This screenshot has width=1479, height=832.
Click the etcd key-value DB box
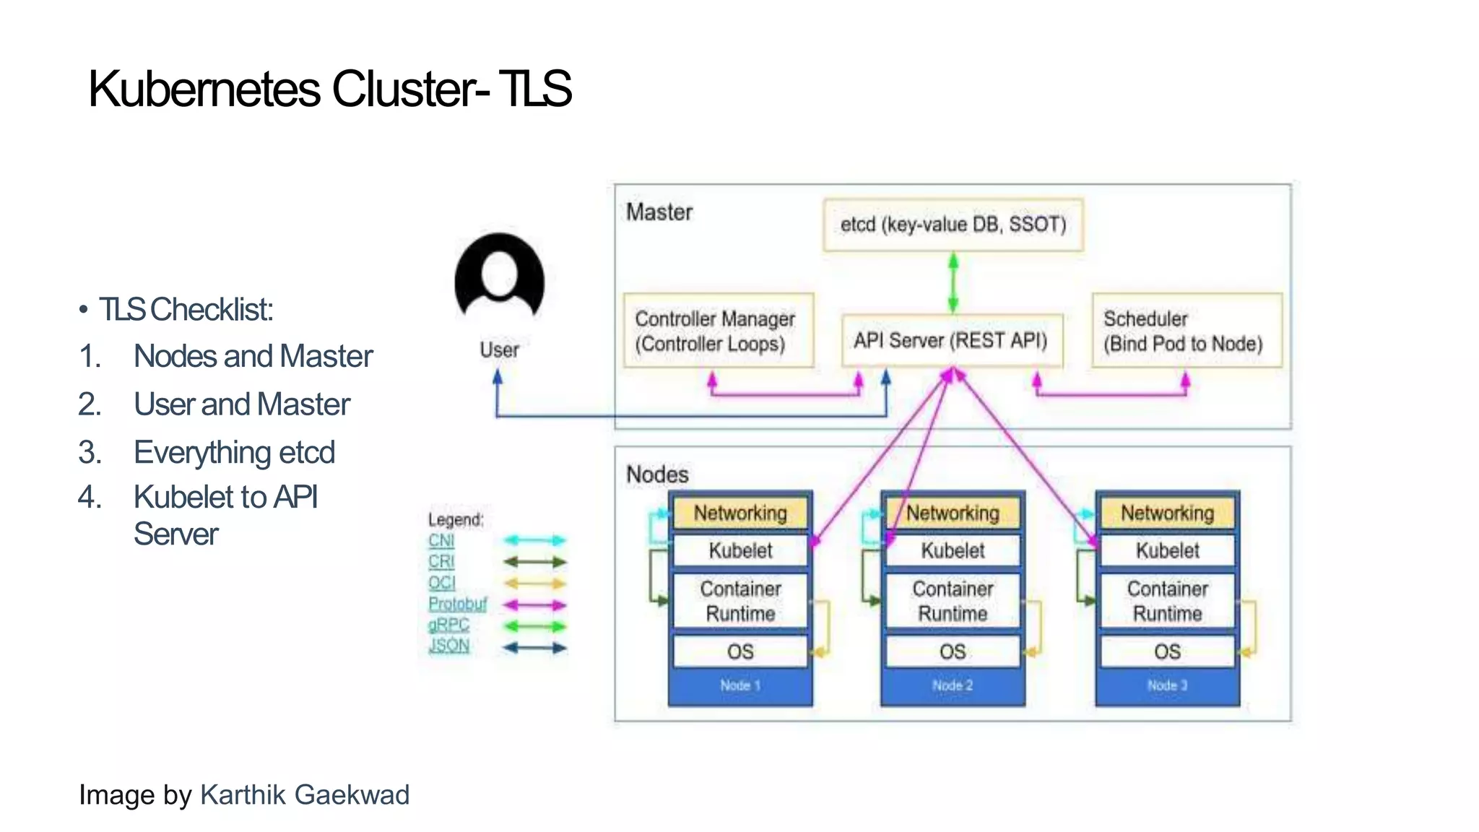(x=953, y=225)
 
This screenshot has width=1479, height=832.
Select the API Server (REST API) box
(x=951, y=340)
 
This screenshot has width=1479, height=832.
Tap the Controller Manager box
(x=718, y=331)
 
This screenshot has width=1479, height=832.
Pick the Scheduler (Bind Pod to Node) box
(x=1186, y=331)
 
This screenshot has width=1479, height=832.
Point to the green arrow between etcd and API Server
(x=953, y=282)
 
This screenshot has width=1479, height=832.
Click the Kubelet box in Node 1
(x=740, y=550)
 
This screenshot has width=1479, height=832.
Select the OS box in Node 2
(x=953, y=651)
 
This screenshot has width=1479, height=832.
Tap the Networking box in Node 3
(x=1167, y=513)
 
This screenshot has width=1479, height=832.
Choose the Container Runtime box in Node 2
(x=953, y=601)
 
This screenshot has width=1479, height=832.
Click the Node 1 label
(x=740, y=685)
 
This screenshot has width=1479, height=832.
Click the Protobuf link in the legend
(x=457, y=604)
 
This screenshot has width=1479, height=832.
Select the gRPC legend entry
(x=448, y=625)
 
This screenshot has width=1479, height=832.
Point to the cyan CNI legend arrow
(x=534, y=540)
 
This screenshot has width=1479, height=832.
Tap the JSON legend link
(x=448, y=646)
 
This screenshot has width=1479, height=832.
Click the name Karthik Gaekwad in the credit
(x=304, y=794)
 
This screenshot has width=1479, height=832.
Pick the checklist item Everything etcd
(x=234, y=453)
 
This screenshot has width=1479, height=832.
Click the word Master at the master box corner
(x=659, y=212)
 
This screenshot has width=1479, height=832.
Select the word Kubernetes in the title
(x=204, y=90)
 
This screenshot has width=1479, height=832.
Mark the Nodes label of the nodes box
(x=657, y=474)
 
